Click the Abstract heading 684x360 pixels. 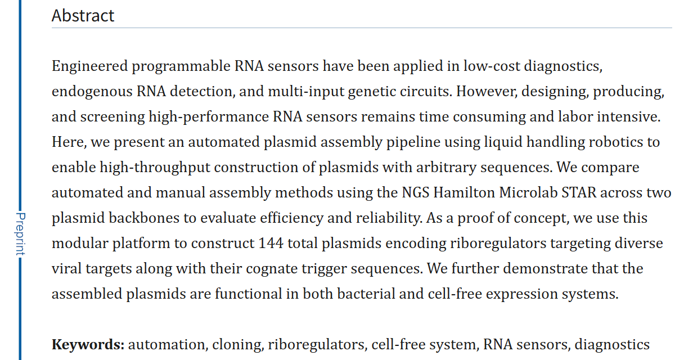tap(83, 15)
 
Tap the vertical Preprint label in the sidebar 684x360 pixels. tap(20, 234)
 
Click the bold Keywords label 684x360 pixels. tap(88, 344)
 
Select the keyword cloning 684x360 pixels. tap(236, 344)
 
